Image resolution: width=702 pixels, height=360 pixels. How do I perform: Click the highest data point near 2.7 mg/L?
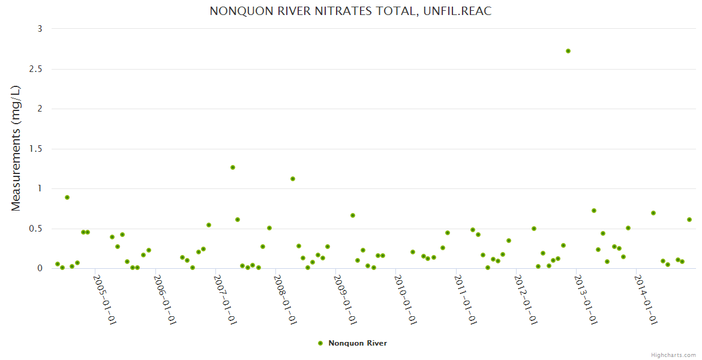(568, 51)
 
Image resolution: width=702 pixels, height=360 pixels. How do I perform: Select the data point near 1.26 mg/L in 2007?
(233, 167)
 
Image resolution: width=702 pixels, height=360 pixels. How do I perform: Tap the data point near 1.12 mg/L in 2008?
(293, 179)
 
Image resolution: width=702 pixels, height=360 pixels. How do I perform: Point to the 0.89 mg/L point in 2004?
(67, 197)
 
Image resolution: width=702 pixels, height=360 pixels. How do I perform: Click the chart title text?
(350, 11)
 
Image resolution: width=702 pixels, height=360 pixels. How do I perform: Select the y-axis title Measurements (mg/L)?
(16, 148)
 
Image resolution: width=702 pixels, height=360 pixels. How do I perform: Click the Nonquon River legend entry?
(357, 343)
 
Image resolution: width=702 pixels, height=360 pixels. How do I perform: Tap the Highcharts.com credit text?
(673, 355)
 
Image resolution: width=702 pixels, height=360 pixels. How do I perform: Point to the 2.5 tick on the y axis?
(36, 69)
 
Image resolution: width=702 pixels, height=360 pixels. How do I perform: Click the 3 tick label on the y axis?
(40, 29)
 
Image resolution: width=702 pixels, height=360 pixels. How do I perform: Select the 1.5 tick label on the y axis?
(36, 149)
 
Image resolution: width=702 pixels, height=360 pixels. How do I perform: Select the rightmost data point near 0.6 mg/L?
(689, 220)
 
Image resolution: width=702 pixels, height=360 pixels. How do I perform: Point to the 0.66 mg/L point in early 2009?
(353, 215)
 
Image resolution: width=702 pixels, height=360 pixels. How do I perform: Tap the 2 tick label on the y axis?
(40, 109)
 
